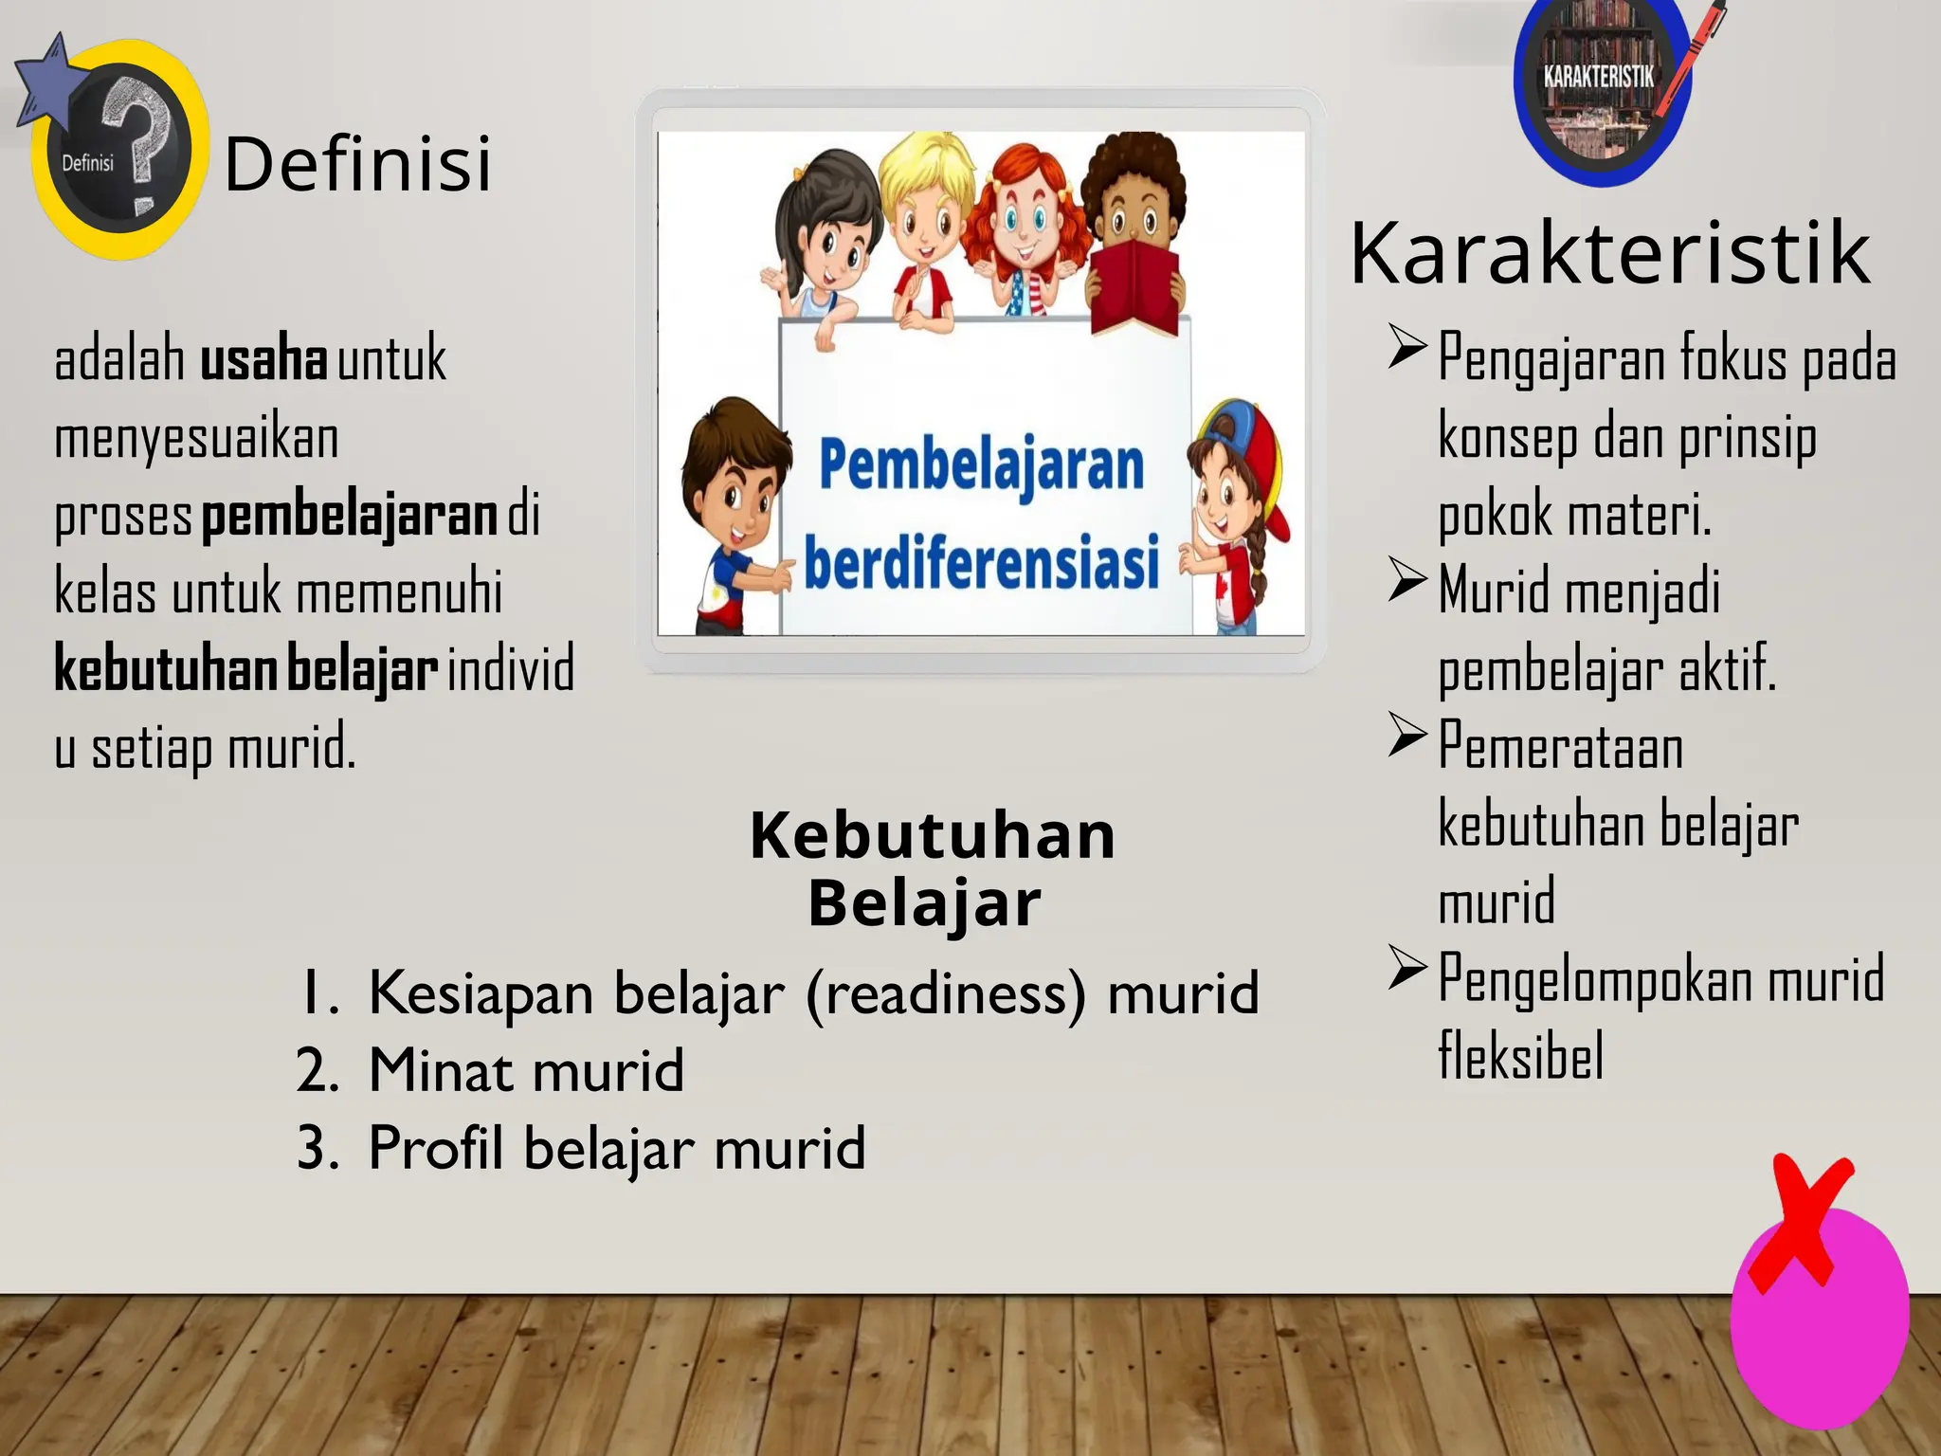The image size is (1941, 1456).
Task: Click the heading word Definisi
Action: click(358, 163)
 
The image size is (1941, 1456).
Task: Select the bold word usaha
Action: click(263, 360)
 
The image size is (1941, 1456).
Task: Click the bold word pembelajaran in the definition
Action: click(350, 516)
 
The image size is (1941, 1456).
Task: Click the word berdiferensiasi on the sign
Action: click(982, 561)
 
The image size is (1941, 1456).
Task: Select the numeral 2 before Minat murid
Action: click(317, 1071)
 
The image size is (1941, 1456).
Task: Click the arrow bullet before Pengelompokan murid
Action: click(1407, 968)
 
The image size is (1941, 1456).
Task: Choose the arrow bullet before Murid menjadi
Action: click(1407, 580)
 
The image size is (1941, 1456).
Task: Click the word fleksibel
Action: click(1520, 1055)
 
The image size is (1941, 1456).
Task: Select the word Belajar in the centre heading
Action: click(924, 903)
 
